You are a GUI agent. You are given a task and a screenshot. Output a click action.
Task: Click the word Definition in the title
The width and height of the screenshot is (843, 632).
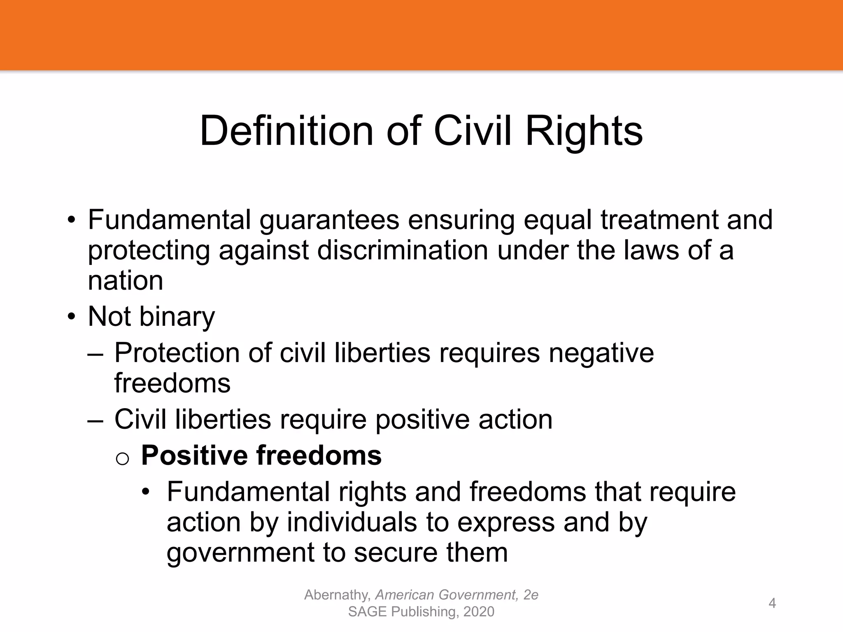tap(286, 131)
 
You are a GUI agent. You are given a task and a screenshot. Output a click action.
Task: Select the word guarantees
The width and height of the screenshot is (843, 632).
tap(329, 220)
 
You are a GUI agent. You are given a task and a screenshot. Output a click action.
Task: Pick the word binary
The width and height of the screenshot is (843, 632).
tap(177, 316)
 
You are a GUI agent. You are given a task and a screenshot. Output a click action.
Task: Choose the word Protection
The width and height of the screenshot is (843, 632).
tap(177, 353)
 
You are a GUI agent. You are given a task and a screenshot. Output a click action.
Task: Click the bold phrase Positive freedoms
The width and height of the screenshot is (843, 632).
tap(261, 455)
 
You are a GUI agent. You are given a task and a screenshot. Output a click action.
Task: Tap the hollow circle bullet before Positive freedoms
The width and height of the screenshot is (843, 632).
tap(123, 458)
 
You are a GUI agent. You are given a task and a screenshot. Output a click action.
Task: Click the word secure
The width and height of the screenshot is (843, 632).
tap(395, 552)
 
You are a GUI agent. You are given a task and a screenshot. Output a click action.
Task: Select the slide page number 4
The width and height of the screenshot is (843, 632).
tap(772, 603)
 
